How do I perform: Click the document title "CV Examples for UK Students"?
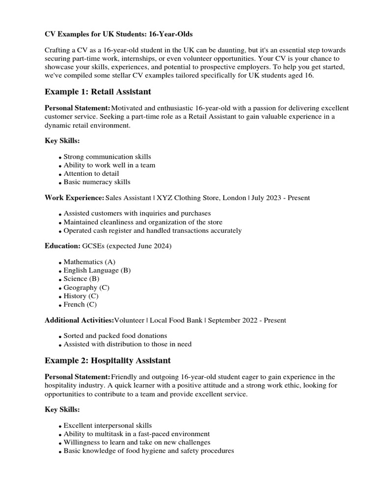click(x=113, y=34)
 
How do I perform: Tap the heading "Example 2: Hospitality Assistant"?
click(x=108, y=361)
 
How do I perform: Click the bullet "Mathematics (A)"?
click(x=89, y=262)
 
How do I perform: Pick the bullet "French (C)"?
click(x=80, y=305)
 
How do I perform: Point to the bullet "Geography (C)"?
click(x=86, y=287)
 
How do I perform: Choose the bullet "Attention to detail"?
click(x=91, y=173)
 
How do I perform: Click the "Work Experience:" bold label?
click(x=74, y=197)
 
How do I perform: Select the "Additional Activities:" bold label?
click(x=79, y=320)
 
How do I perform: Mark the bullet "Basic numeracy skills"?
click(x=97, y=182)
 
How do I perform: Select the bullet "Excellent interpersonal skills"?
click(x=108, y=425)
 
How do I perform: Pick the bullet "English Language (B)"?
click(x=97, y=270)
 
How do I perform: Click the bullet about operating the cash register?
click(x=152, y=230)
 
